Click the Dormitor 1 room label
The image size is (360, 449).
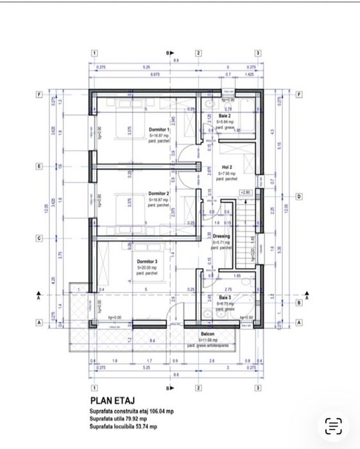pos(159,130)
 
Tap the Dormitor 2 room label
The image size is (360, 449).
pos(159,193)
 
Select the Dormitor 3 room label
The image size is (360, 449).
pos(147,262)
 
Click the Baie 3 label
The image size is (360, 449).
pos(225,298)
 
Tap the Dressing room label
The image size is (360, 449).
pos(222,236)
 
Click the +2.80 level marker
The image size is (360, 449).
pos(246,192)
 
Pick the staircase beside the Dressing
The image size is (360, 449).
pos(246,234)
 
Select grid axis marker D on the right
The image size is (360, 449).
pos(298,196)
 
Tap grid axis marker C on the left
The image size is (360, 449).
pos(39,239)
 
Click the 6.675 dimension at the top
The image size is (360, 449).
pos(155,74)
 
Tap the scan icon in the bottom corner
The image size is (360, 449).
pos(333,425)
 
